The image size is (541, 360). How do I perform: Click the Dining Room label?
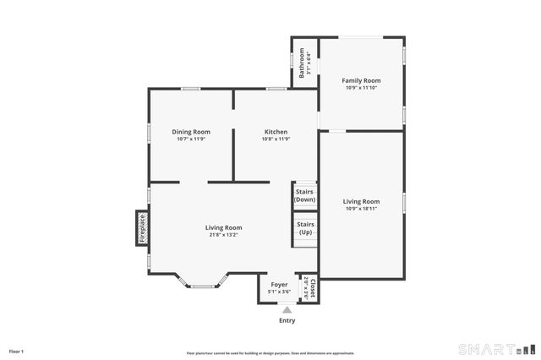click(x=191, y=132)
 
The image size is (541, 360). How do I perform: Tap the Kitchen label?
click(x=276, y=132)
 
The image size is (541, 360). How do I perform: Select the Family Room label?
click(x=361, y=80)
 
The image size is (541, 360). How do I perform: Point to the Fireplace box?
click(x=142, y=228)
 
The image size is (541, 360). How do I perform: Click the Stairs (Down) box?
click(x=305, y=196)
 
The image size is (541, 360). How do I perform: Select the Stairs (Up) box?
click(x=305, y=228)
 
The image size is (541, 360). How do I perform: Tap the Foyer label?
click(x=279, y=285)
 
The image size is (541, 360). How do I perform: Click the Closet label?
click(x=314, y=285)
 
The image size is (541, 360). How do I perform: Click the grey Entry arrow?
click(x=287, y=310)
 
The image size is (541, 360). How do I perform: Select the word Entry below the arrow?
click(x=287, y=321)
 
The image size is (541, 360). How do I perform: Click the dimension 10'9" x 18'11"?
click(x=361, y=209)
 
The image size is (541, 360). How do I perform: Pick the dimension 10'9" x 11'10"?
click(x=361, y=87)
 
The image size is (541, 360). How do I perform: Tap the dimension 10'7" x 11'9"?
click(x=191, y=139)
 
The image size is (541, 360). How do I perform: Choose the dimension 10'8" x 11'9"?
click(x=276, y=139)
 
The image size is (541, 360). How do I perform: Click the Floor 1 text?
click(x=16, y=351)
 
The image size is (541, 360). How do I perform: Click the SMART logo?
click(x=496, y=349)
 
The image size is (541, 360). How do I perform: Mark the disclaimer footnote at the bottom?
click(x=270, y=353)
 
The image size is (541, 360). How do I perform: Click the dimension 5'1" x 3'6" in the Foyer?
click(x=279, y=292)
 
